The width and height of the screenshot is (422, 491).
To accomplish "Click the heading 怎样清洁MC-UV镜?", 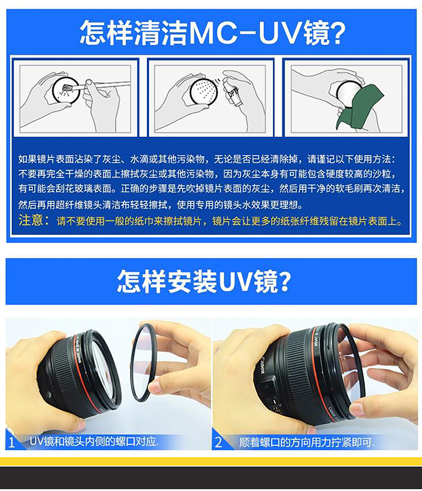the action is pos(213,33).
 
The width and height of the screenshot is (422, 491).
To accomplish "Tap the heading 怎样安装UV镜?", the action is pos(204,281).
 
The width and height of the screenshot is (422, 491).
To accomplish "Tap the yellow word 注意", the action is pos(30,220).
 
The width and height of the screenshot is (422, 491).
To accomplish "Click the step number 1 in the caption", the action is pos(12,443).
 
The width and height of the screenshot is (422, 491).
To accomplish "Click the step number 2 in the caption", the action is pos(218,442).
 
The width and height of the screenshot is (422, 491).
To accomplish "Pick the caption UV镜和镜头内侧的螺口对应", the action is pos(94,441).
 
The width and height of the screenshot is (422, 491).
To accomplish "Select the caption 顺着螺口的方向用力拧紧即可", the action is pos(306,442).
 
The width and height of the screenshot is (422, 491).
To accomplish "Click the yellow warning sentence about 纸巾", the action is pos(229,221).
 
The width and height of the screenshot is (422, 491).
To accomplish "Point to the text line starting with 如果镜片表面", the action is pos(206,159).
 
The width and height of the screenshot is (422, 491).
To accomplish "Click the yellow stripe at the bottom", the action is pos(211,461).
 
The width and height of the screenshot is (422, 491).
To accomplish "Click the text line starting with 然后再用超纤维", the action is pos(161,205).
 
